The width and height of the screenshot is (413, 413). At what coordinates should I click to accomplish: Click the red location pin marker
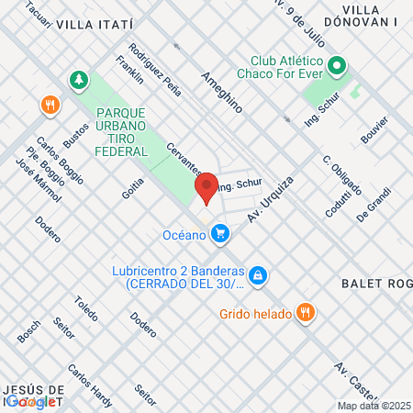coord(206,188)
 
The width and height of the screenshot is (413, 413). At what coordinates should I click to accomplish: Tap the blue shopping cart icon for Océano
coord(219,235)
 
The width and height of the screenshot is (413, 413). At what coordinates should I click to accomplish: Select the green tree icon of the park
coord(80,81)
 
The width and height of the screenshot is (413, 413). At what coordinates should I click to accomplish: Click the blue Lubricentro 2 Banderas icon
coord(259,273)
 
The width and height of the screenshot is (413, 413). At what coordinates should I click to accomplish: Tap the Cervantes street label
coord(184,160)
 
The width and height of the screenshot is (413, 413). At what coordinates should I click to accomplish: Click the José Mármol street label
coord(39,180)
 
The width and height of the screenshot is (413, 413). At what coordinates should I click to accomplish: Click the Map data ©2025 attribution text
coord(374,405)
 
